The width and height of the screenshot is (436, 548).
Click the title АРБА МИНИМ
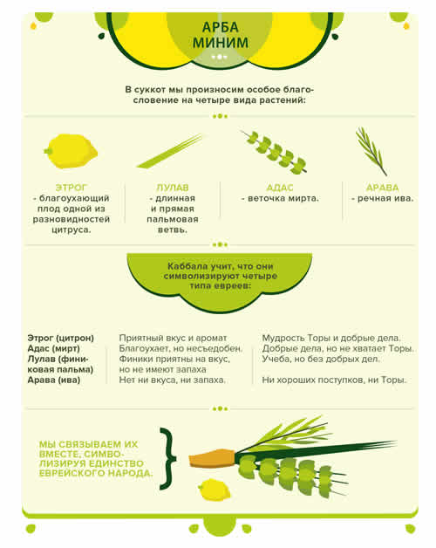click(221, 35)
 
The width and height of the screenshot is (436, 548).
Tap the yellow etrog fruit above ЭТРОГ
click(71, 151)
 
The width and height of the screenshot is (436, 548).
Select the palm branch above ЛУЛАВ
click(170, 151)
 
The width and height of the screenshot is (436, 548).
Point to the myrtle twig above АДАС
click(275, 153)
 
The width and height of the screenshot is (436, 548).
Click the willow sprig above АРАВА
click(371, 151)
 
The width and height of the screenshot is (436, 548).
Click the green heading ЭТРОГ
click(71, 188)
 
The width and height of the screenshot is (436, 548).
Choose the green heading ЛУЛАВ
click(173, 188)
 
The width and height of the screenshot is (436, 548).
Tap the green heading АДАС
click(280, 188)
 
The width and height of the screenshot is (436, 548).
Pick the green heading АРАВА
click(382, 188)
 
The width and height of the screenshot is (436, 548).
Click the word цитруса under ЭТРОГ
click(71, 230)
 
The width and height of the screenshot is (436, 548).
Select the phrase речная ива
click(385, 198)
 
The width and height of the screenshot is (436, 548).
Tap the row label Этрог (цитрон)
click(61, 338)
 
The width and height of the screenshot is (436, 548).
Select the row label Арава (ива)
click(54, 380)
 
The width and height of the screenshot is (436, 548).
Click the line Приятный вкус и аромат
click(173, 338)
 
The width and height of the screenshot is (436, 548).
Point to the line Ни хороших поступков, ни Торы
click(334, 380)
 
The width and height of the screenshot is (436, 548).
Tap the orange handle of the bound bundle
click(212, 458)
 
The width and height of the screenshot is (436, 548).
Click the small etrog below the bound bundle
click(215, 490)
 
